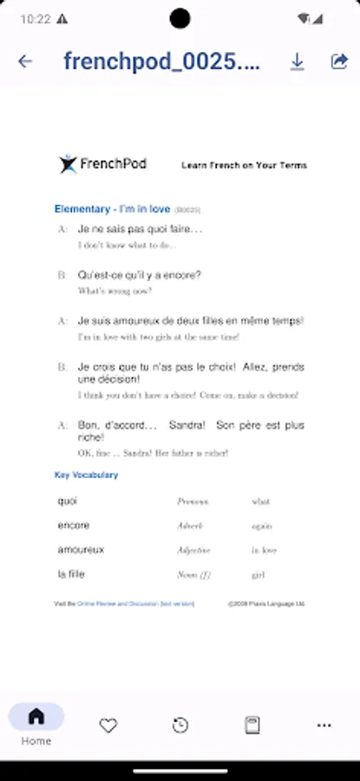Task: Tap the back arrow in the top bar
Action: pos(25,62)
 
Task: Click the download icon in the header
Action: pos(298,61)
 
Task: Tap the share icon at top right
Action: pos(339,61)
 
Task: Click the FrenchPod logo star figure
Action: pos(68,164)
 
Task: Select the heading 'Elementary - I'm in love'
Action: pos(112,209)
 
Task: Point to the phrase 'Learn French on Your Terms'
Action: pos(244,165)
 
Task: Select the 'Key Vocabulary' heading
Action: pos(86,475)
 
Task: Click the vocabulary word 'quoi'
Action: pos(68,501)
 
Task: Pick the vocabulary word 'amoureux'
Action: pos(81,549)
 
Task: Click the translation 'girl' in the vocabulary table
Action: pos(259,574)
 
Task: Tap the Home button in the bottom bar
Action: pos(36,724)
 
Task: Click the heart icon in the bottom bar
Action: pos(108,725)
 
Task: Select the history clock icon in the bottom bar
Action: pos(180,725)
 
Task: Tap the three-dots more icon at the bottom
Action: pos(324,725)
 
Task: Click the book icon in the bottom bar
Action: pos(252,725)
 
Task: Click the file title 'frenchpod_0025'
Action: pos(161,62)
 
